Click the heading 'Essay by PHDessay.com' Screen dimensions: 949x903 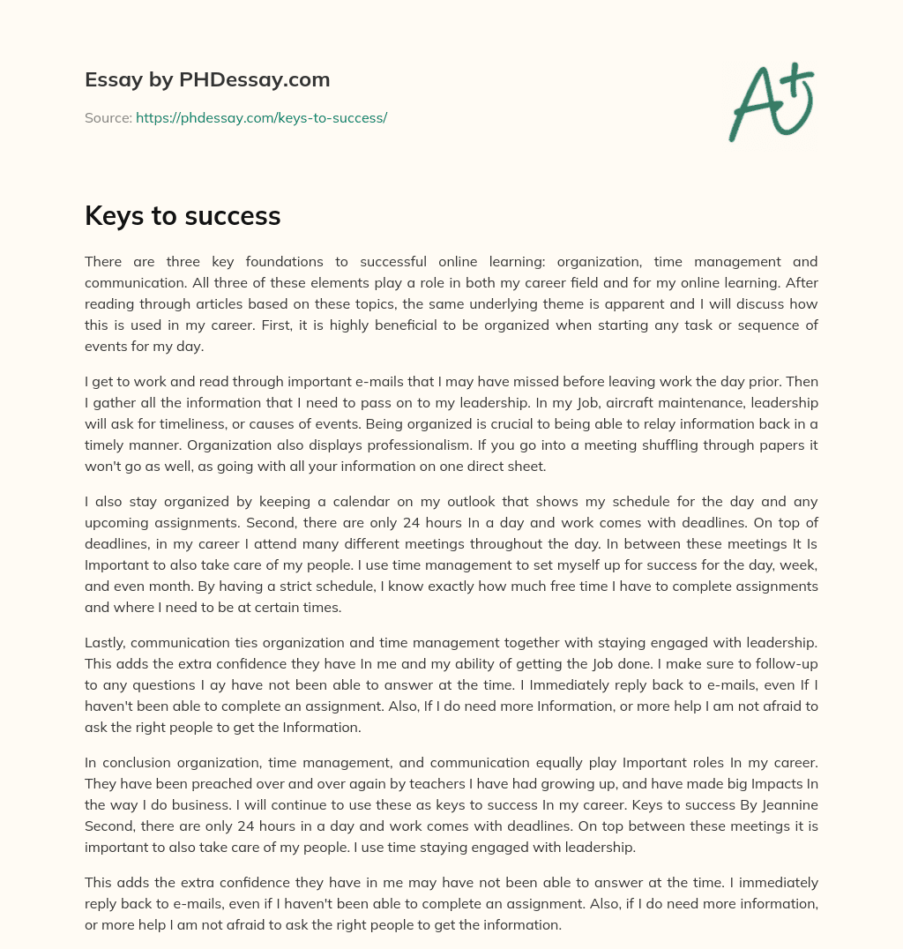click(207, 80)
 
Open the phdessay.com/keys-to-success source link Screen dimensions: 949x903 click(261, 117)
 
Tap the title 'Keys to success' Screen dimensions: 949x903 click(183, 215)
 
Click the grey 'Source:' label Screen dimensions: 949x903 click(108, 117)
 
